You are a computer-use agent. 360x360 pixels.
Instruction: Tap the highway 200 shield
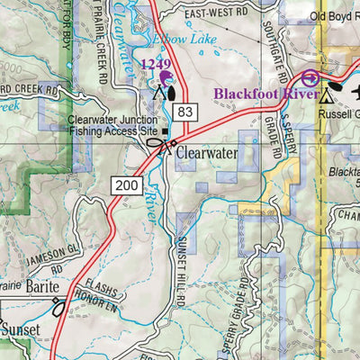point(125,184)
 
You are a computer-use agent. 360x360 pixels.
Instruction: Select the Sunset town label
point(19,330)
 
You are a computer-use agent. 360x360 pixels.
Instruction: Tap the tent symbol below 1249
point(159,92)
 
